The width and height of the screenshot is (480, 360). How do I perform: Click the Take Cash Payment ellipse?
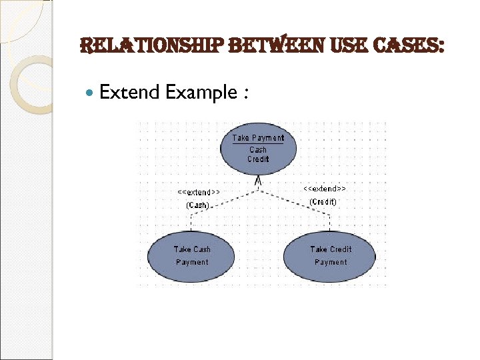[x=192, y=256]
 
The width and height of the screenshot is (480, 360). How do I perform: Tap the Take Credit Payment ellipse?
[x=331, y=256]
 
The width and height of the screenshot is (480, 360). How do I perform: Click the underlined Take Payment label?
[x=258, y=138]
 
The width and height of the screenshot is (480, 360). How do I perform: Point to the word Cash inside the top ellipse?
[x=258, y=150]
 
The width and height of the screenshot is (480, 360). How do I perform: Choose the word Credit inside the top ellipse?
[x=258, y=159]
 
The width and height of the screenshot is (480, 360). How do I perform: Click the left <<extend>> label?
[x=198, y=193]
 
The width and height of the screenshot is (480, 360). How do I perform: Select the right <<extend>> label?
[x=325, y=189]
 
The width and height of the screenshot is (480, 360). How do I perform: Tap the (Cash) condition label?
[x=197, y=205]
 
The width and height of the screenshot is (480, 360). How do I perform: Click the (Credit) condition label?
[x=323, y=201]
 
